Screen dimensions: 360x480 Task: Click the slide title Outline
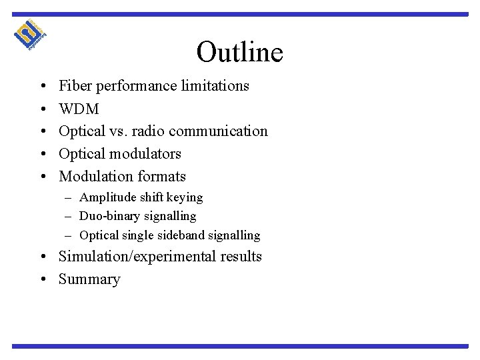[240, 52]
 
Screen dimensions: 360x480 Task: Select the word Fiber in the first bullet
[75, 85]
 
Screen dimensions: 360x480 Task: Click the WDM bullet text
[79, 108]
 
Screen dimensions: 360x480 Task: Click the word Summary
[89, 279]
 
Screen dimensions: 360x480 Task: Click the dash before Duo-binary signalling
[69, 216]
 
